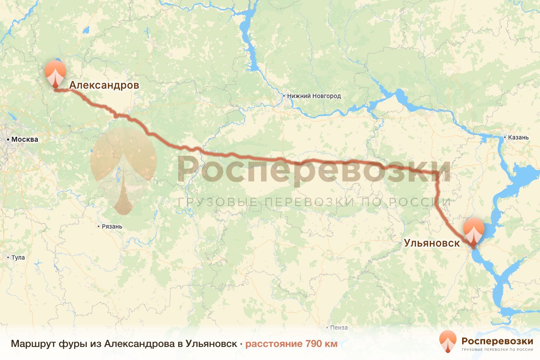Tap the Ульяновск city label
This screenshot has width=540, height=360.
click(432, 243)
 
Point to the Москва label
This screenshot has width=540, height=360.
click(25, 139)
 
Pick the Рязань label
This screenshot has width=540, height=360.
click(112, 226)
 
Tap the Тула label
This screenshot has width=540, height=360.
click(18, 258)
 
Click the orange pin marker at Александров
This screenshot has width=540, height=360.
click(55, 72)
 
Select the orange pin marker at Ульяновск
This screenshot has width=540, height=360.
click(473, 230)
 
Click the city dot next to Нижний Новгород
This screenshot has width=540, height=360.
click(284, 96)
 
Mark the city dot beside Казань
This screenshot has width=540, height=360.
click(505, 137)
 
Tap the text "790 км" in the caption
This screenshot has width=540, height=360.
click(321, 344)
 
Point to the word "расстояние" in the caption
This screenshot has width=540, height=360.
click(274, 344)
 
